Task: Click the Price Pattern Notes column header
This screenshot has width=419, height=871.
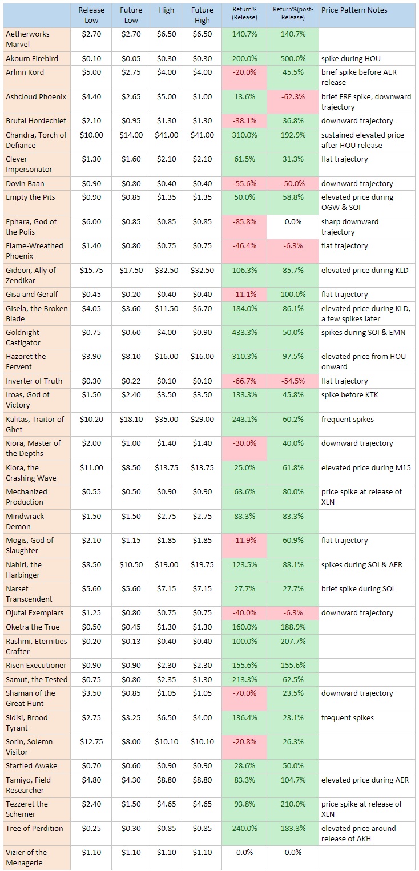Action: pos(354,10)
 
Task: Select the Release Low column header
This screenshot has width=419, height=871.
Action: pos(91,15)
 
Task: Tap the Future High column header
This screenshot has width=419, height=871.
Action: pos(202,15)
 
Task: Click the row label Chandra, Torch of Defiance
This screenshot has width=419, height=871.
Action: pos(36,140)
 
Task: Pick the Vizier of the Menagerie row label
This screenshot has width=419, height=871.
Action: pos(26,857)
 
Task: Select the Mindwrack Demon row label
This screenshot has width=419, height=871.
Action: pos(26,521)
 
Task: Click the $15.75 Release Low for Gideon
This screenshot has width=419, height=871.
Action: pos(91,270)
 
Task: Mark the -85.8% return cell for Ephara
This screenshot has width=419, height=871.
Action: pos(245,221)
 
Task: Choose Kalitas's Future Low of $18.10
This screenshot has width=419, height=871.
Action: pos(131,419)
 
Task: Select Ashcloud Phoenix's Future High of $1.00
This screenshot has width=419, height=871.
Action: pos(202,96)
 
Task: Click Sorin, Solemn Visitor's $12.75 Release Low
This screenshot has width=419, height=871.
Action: pos(91,741)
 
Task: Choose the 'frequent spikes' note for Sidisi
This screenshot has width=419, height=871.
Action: pos(348,717)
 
